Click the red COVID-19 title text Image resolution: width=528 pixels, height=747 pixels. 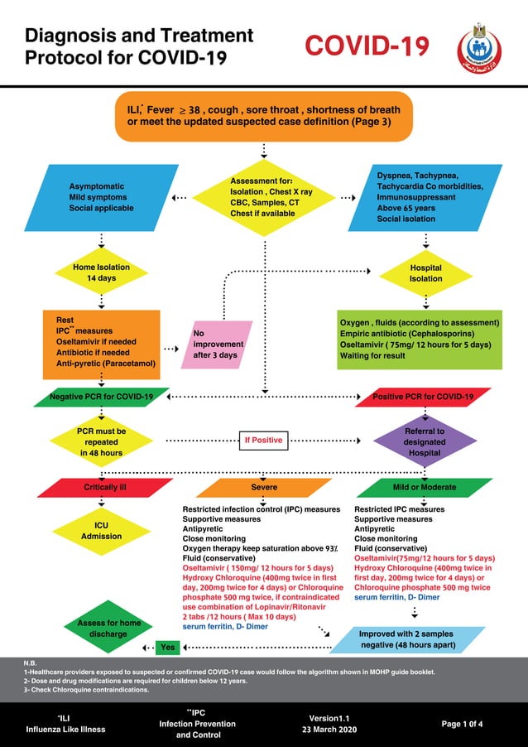click(367, 46)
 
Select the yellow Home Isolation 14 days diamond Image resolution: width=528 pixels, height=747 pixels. click(101, 272)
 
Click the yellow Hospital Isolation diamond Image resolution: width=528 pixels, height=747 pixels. click(425, 273)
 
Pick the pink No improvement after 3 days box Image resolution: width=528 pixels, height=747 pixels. click(218, 344)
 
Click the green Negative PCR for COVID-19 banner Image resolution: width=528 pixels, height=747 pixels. click(101, 397)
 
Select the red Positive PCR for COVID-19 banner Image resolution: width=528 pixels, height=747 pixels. click(423, 397)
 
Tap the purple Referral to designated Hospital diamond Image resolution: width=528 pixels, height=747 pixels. click(425, 441)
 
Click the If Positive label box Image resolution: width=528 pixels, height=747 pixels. click(262, 440)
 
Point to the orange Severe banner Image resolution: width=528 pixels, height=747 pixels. click(263, 488)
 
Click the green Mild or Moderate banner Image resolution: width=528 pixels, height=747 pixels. click(425, 488)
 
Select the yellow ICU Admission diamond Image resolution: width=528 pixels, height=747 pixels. click(101, 530)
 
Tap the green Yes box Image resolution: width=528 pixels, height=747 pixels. click(168, 647)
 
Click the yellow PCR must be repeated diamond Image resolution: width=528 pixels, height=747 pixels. click(101, 441)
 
